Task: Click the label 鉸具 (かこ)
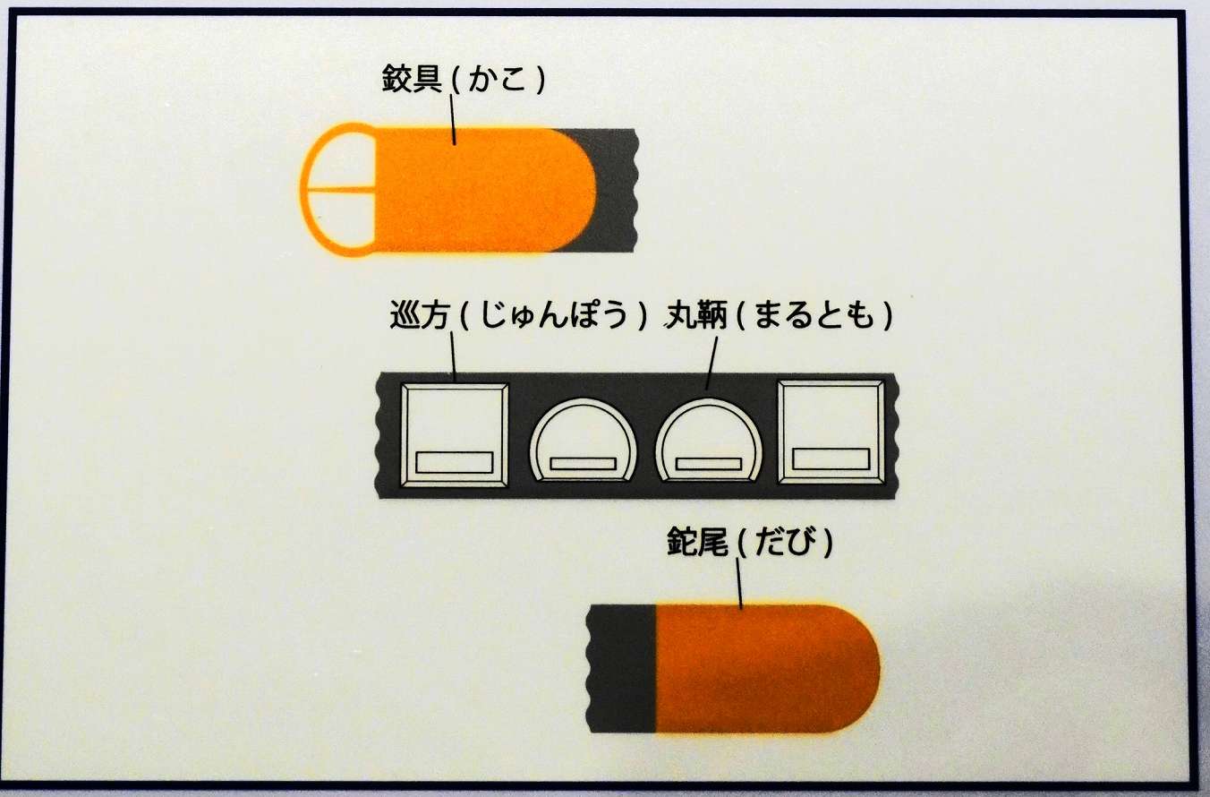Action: coord(464,79)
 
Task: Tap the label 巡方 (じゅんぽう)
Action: coord(518,315)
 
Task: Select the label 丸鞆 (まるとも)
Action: coord(779,315)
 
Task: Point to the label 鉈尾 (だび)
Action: coord(750,542)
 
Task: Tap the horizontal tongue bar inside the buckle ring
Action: coord(341,190)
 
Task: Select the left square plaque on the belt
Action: coord(454,435)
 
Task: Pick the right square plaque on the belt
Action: coord(831,433)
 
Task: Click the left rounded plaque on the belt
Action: coord(584,441)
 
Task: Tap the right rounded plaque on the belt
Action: coord(709,441)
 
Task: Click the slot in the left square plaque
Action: coord(455,463)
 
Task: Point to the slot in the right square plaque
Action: coord(831,458)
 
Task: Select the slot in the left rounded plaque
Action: coord(584,464)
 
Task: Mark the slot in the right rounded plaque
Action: coord(709,464)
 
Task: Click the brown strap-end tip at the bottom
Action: coord(768,669)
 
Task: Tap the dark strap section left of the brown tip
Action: coord(621,669)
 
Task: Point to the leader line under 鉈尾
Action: coord(739,582)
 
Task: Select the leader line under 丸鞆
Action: coord(712,363)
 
